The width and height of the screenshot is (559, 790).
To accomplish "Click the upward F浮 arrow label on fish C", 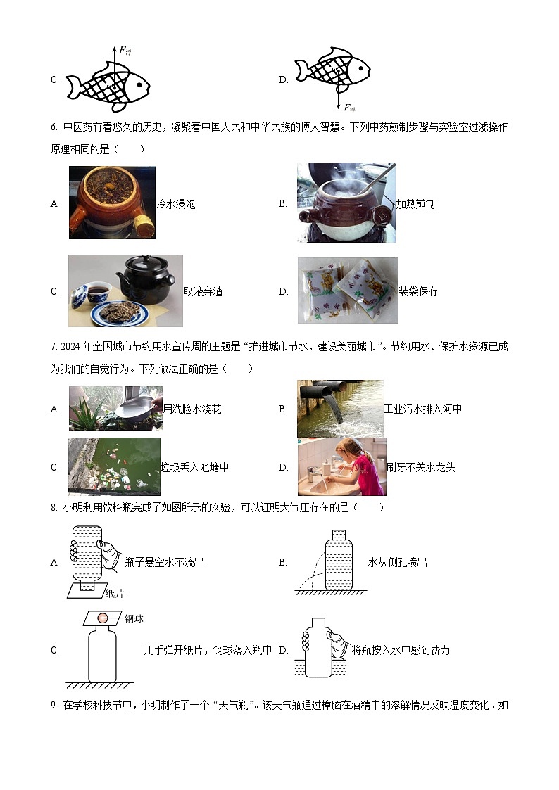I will pyautogui.click(x=125, y=50).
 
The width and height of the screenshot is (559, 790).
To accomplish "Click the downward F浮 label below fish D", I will pyautogui.click(x=348, y=108).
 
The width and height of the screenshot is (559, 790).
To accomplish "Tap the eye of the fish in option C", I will pyautogui.click(x=138, y=87).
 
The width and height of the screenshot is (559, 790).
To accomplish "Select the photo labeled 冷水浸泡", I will pyautogui.click(x=112, y=203).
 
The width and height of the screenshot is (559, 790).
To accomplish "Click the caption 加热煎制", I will pyautogui.click(x=415, y=204).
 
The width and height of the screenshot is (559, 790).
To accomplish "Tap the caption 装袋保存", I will pyautogui.click(x=418, y=291).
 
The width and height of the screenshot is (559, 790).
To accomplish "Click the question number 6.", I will pyautogui.click(x=54, y=127).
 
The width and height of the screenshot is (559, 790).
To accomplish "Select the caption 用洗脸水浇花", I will pyautogui.click(x=192, y=409).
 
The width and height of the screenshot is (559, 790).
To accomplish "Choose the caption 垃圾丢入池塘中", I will pyautogui.click(x=194, y=467).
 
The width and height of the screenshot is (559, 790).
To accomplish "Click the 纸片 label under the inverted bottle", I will pyautogui.click(x=114, y=594).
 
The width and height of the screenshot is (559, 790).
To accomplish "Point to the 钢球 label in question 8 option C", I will pyautogui.click(x=134, y=618).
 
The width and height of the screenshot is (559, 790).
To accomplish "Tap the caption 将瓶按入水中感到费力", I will pyautogui.click(x=401, y=650).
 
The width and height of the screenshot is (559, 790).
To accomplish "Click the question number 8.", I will pyautogui.click(x=54, y=507).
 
